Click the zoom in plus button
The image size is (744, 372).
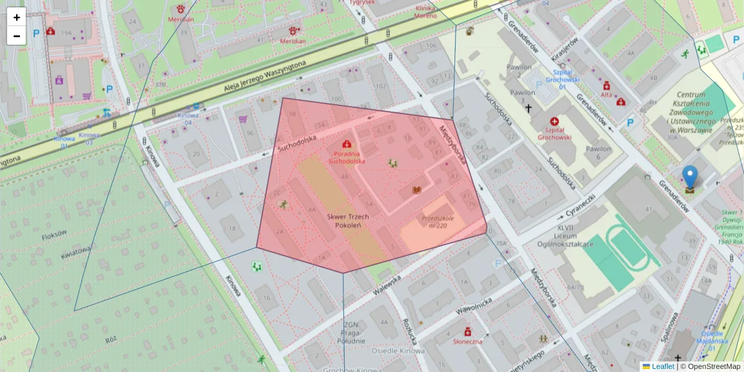point(17,17)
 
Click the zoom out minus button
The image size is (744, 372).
point(17,36)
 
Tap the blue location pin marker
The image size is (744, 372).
point(689,177)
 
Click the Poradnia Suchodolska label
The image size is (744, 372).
point(347,157)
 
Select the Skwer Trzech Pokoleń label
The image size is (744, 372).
point(348,221)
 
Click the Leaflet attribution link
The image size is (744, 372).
point(662,366)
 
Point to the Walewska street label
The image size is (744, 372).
point(388,285)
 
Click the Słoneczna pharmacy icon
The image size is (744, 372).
point(467,332)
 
